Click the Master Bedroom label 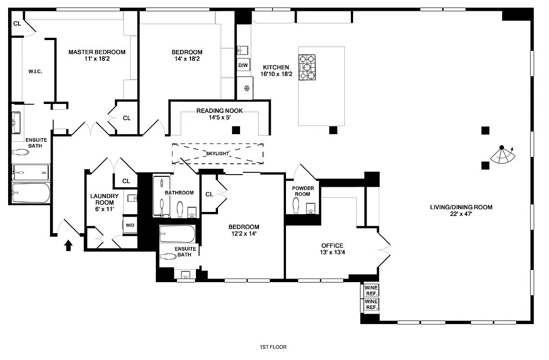97,52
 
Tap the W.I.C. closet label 35,72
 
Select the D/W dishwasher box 243,66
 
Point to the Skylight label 218,153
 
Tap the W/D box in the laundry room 130,225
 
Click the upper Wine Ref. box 371,290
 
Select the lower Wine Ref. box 371,304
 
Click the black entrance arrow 68,245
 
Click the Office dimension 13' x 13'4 332,252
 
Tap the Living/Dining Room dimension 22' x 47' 461,214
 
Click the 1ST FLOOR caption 273,347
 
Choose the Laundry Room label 104,199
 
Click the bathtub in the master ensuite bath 31,193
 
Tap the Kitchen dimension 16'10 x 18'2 276,74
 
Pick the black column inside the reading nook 236,130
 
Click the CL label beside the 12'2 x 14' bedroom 209,194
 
